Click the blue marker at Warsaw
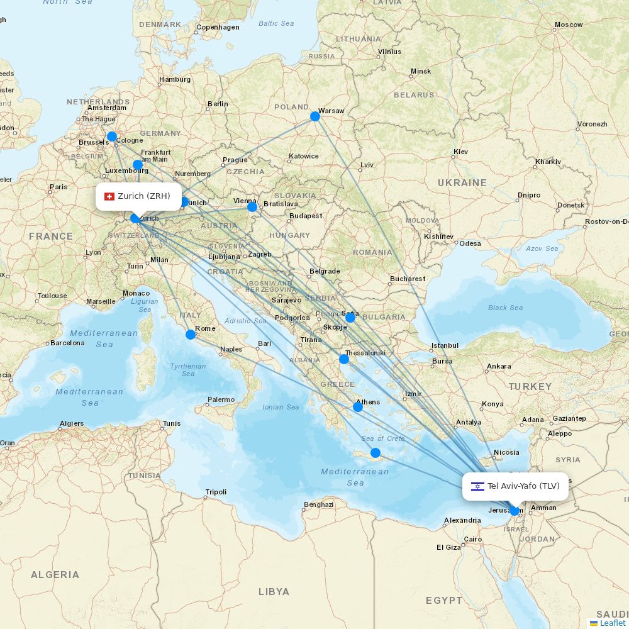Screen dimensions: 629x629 [x=315, y=116]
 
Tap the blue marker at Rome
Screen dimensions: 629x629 [x=191, y=334]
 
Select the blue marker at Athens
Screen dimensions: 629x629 [x=358, y=407]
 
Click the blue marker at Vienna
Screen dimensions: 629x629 [x=252, y=207]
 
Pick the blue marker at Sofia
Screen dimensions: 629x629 [x=350, y=318]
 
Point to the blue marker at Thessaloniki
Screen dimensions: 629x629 [x=344, y=359]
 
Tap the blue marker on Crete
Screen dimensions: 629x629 [x=376, y=453]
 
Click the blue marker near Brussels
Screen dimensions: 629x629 [x=112, y=136]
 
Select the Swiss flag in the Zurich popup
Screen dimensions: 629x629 [x=109, y=196]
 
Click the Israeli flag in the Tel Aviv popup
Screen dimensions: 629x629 [x=477, y=486]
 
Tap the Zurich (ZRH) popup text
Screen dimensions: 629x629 [x=144, y=196]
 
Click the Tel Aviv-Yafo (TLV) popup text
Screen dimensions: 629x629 [x=523, y=486]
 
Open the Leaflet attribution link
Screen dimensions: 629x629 [x=612, y=623]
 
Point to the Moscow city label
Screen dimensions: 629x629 [x=569, y=25]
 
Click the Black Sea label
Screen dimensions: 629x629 [x=505, y=308]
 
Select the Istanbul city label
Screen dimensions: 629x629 [x=445, y=346]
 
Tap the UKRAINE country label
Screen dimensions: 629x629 [x=462, y=183]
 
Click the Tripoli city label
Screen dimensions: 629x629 [x=216, y=492]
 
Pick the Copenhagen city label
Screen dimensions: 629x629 [x=218, y=28]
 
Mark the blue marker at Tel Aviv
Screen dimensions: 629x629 [x=515, y=511]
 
